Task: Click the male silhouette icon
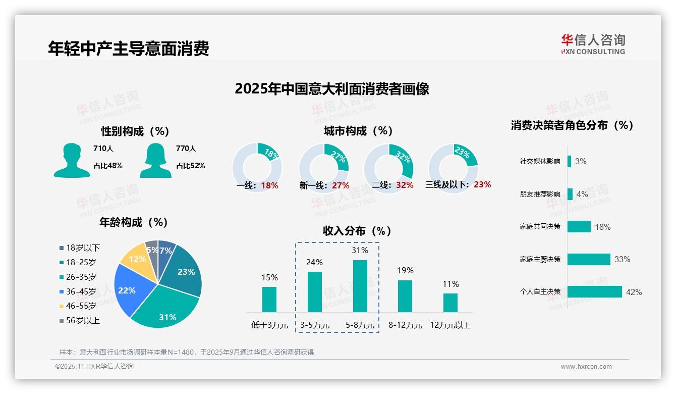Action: click(72, 160)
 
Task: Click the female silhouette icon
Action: click(155, 160)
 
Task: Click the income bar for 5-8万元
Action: click(360, 286)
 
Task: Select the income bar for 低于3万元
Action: click(269, 299)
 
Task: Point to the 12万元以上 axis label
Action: click(450, 325)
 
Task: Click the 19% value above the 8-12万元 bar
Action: click(405, 270)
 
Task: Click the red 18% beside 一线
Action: click(269, 185)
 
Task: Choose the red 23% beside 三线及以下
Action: click(482, 185)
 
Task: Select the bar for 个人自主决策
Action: click(594, 291)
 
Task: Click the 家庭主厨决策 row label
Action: click(540, 259)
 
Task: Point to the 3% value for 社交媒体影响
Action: click(581, 161)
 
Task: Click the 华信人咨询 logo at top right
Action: click(593, 44)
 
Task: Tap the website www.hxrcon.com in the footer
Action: click(586, 367)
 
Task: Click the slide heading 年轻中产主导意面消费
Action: click(129, 48)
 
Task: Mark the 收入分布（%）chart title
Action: click(357, 231)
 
